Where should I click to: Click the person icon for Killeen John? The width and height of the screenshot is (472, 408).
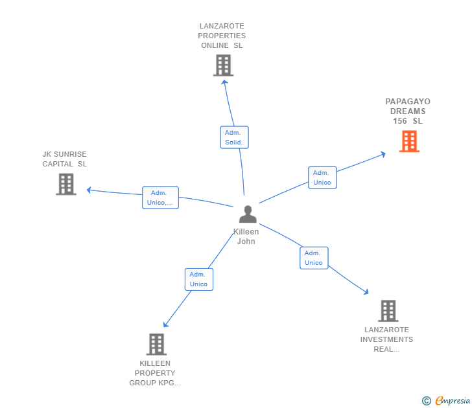click(248, 214)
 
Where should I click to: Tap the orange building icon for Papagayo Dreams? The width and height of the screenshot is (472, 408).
click(409, 141)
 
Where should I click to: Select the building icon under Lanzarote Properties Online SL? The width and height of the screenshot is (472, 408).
click(223, 65)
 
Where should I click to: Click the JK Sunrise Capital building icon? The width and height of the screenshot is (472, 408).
click(66, 184)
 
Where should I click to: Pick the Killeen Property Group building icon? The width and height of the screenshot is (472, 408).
click(156, 344)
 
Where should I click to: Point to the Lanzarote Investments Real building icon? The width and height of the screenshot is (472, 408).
click(388, 311)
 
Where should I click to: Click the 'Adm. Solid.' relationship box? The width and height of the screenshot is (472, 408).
click(234, 137)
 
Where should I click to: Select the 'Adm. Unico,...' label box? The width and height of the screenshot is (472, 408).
click(160, 198)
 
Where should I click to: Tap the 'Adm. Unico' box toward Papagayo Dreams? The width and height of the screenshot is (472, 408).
click(322, 177)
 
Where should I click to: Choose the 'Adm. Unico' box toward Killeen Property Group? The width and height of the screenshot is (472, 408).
click(198, 279)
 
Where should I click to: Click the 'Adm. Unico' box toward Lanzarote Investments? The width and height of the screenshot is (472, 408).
click(314, 258)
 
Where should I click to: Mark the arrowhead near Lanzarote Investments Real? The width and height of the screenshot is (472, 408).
click(366, 292)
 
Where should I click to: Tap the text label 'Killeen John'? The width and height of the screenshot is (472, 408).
click(246, 236)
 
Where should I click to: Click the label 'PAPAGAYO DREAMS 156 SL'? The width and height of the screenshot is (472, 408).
click(408, 111)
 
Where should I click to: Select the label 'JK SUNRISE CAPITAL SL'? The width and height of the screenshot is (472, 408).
click(64, 159)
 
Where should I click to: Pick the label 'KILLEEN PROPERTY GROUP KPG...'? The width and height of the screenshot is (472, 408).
click(155, 373)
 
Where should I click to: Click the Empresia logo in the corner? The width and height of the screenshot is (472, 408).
click(452, 401)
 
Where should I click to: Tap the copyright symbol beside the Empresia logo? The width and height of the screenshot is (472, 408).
click(426, 401)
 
